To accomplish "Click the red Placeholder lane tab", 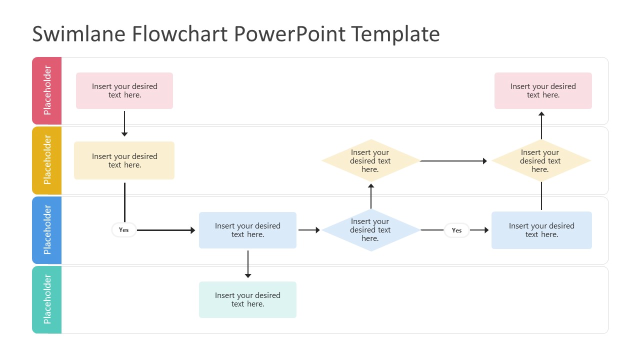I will tap(47, 90).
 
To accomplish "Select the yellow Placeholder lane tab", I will tap(47, 160).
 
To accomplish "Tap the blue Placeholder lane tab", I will tap(47, 230).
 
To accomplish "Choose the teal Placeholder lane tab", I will tap(47, 299).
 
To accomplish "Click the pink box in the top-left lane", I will tap(124, 90).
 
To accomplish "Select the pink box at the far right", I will tap(543, 90).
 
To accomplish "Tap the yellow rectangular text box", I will tap(124, 160).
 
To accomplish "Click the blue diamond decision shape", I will tap(370, 230).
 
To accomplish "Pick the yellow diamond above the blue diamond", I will tap(370, 160).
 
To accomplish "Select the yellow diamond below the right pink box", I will tap(540, 160).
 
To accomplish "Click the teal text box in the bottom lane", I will tap(247, 299).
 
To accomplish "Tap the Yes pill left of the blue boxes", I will tap(123, 230).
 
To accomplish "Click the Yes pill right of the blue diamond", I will tap(456, 230).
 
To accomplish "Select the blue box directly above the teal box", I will tap(247, 230).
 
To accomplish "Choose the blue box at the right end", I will tap(541, 230).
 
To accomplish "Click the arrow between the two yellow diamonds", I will tap(453, 161).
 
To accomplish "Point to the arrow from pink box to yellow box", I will tap(124, 123).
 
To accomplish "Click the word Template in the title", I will tap(395, 34).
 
